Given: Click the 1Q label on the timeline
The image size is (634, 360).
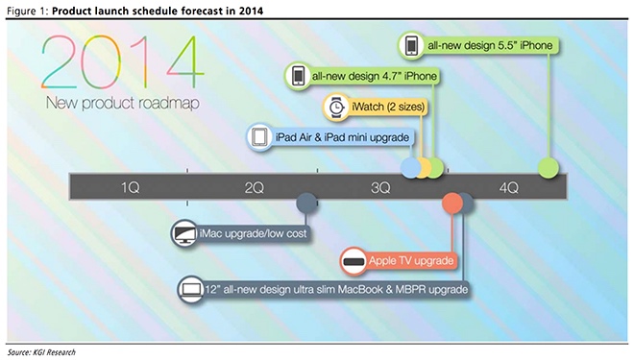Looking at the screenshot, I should coord(132,185).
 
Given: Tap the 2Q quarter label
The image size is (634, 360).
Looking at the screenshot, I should coord(255,185).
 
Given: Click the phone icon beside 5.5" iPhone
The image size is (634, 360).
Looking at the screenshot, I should coord(411,45).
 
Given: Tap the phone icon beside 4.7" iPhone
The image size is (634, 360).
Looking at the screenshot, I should coord(298,76).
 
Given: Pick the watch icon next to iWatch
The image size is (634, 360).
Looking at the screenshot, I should coord(336,107).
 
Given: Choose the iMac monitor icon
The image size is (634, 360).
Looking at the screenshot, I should coord(183,231).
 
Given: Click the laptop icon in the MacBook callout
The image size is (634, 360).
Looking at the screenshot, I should coord(189,289).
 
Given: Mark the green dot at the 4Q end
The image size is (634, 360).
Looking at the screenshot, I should coord(549,168).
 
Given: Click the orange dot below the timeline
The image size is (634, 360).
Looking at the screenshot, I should coord(451,203).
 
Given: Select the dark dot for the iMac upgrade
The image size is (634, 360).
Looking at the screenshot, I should coord(306,203).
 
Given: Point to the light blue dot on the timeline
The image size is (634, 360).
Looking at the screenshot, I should coord(410,168).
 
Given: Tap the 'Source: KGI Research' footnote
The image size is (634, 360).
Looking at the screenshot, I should coord(40,351).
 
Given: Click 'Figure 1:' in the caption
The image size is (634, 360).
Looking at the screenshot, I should coord(26,10).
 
